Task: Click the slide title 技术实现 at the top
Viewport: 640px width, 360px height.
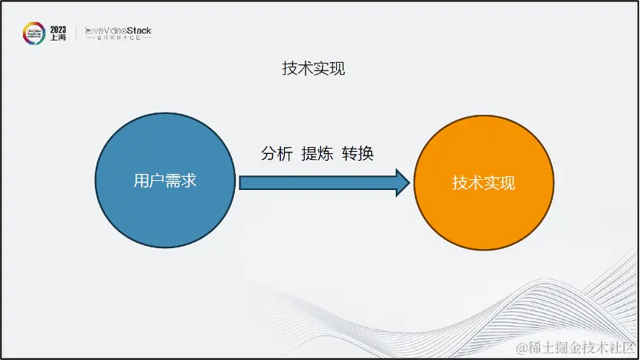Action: point(314,69)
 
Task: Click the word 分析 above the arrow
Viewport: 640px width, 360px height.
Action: point(277,153)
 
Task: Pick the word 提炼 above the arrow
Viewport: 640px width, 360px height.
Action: point(317,153)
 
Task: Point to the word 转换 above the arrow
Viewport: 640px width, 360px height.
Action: point(358,153)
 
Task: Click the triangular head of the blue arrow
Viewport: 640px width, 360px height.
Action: point(403,182)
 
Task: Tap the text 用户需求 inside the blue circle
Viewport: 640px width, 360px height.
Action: point(165,182)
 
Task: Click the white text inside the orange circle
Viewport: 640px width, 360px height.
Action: point(483,183)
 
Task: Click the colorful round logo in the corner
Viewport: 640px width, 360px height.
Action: point(34,34)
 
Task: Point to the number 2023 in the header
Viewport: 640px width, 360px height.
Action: point(58,29)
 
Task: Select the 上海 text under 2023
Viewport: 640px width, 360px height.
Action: point(58,38)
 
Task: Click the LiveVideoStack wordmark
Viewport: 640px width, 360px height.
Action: point(118,31)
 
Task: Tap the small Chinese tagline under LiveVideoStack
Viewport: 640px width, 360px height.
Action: point(118,39)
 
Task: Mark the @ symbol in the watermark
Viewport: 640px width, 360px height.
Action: point(523,349)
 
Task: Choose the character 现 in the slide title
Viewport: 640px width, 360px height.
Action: point(338,69)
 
